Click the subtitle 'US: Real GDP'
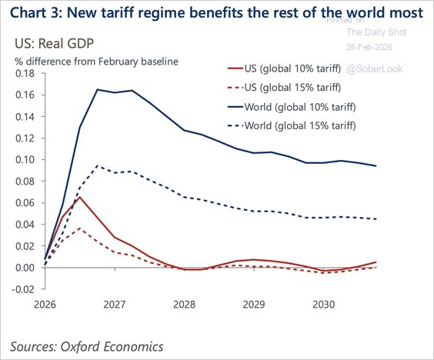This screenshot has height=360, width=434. click(48, 45)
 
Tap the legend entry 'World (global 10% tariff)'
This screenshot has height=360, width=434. click(296, 106)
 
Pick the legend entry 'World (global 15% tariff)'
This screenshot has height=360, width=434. click(296, 125)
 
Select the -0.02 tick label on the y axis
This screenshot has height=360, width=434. click(23, 289)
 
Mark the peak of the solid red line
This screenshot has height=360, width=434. click(80, 197)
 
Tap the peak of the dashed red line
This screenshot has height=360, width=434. click(80, 228)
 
